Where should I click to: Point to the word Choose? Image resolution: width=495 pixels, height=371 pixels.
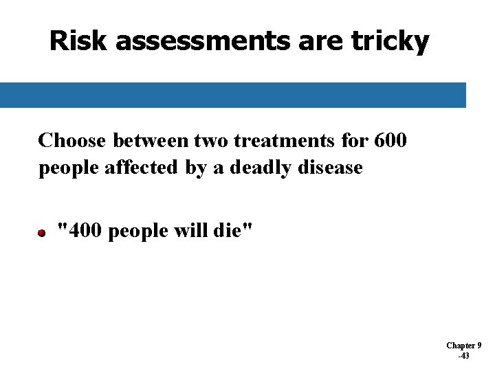pos(72,141)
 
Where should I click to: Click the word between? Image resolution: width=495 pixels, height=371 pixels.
pos(155,141)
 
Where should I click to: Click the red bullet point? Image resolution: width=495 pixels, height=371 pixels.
pos(42,234)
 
